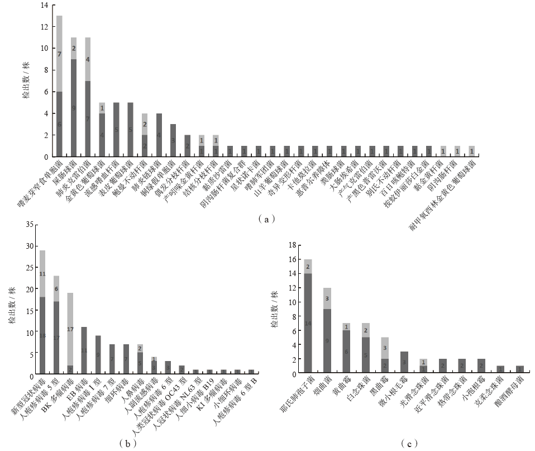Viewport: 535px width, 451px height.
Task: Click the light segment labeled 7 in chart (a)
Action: click(59, 54)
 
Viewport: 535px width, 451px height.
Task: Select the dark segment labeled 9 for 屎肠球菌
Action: click(73, 107)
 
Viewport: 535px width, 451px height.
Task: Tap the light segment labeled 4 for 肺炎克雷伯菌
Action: click(88, 59)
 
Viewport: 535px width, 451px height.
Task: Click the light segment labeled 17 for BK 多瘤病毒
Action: click(70, 329)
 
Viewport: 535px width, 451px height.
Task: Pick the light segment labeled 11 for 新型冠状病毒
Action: click(42, 274)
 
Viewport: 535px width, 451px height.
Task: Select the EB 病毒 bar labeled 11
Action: click(84, 350)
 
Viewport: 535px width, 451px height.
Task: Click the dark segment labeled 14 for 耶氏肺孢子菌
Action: click(308, 323)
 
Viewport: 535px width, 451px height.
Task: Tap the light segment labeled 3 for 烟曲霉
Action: click(327, 298)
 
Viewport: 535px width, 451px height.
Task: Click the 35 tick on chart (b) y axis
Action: click(30, 224)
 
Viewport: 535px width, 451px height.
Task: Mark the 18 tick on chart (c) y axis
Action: click(293, 245)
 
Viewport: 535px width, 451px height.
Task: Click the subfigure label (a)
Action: click(266, 220)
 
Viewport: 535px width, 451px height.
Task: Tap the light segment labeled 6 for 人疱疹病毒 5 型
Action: click(56, 289)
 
